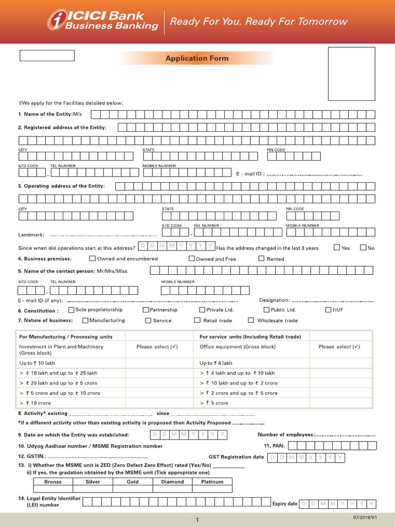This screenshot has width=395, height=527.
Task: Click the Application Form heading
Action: click(x=196, y=58)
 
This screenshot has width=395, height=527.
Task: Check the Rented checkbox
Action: click(x=261, y=258)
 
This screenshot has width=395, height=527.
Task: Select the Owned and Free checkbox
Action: click(x=191, y=258)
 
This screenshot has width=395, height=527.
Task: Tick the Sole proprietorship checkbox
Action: click(x=71, y=310)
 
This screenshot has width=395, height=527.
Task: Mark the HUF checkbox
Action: click(x=328, y=310)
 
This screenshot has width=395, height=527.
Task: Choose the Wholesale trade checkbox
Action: click(x=251, y=320)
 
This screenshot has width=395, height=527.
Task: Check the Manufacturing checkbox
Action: click(x=85, y=320)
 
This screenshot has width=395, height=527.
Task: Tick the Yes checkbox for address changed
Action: click(x=337, y=248)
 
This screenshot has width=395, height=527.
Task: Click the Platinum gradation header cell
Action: click(x=212, y=482)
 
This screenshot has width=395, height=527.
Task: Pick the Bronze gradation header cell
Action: click(x=52, y=482)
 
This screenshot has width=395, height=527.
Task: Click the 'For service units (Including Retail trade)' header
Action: click(x=250, y=337)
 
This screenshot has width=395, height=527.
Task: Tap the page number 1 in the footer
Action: click(x=197, y=520)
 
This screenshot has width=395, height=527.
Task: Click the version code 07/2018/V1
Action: click(x=365, y=516)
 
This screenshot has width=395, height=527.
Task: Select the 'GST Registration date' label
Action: click(x=236, y=457)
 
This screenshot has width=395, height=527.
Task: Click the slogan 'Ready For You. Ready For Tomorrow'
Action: click(x=259, y=22)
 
